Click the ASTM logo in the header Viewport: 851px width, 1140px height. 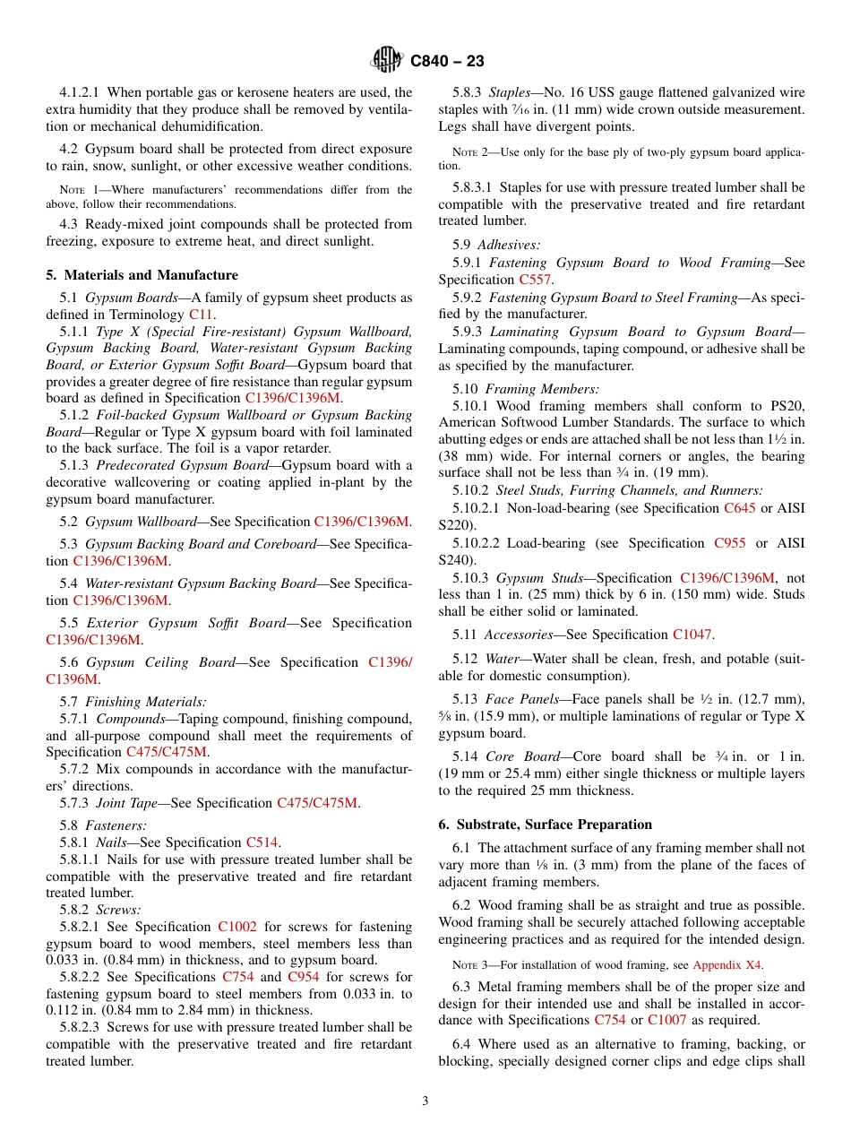388,61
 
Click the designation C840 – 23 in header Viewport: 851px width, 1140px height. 447,61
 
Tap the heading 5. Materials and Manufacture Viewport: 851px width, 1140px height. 142,275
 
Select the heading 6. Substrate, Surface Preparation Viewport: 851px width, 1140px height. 546,825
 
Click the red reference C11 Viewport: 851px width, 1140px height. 200,315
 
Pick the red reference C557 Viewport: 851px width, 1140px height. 536,280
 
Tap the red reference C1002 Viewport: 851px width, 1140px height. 236,927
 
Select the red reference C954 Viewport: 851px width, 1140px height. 304,977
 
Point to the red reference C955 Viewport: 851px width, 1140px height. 729,543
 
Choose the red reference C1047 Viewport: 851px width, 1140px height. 692,635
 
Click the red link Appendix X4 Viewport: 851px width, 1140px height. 727,965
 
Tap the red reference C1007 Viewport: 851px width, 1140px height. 666,1021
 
